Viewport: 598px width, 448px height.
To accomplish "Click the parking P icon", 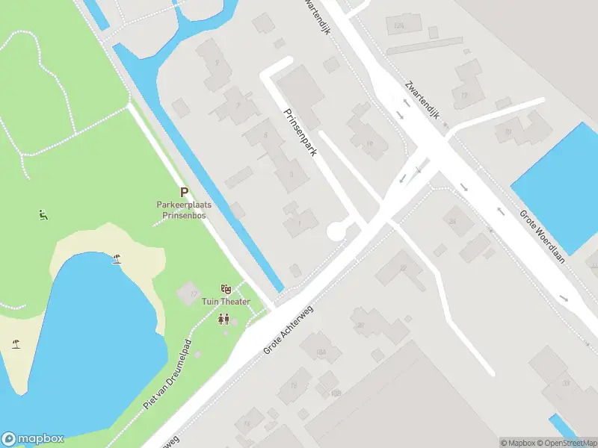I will coord(184,192).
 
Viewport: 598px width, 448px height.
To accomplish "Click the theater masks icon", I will coord(225,289).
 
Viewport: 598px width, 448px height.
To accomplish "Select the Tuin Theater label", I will coord(226,302).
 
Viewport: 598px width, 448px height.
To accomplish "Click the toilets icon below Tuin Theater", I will coord(224,320).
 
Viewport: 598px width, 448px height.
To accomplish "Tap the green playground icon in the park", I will coord(43,216).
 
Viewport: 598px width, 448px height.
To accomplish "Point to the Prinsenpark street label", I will coord(300,132).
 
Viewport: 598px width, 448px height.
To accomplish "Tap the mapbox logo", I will coord(33,439).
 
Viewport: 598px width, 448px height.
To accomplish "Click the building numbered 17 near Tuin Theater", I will coord(188,293).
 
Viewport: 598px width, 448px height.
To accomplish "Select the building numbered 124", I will coord(399,25).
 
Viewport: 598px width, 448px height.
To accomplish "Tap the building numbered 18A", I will coord(321,352).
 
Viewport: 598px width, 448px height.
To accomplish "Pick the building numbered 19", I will coord(369,144).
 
